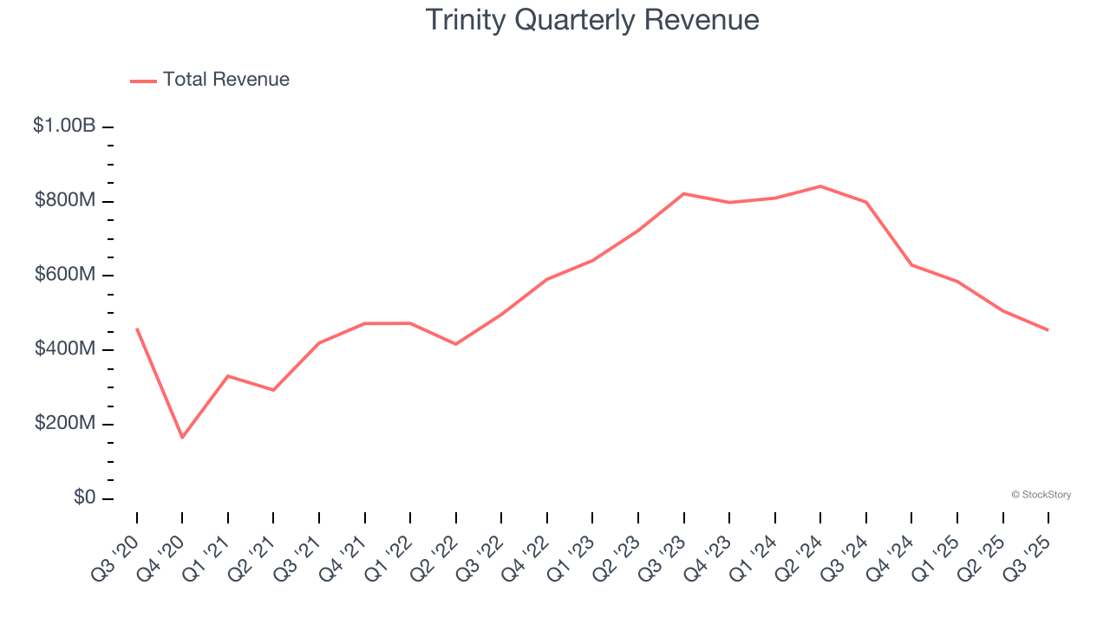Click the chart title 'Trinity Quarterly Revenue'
pos(592,20)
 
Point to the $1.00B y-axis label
pos(64,126)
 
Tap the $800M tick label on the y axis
pos(65,200)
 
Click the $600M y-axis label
pos(65,275)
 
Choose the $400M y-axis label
pos(65,349)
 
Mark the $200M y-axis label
pos(65,424)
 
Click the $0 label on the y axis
pos(83,498)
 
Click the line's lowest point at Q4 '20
pos(182,438)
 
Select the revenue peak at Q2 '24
pos(820,186)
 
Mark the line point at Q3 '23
pos(684,193)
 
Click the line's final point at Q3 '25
pos(1048,330)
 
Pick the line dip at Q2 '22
pos(456,344)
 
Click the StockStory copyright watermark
pos(1041,495)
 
